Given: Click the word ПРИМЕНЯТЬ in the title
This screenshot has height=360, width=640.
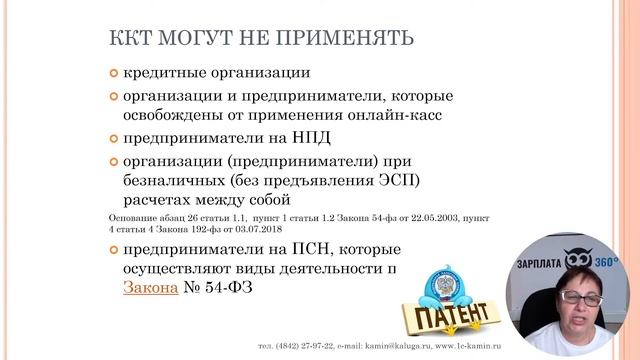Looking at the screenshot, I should click(x=340, y=39).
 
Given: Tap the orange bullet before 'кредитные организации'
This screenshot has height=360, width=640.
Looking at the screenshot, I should click(x=114, y=73).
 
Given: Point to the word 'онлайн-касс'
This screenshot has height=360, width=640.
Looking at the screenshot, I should click(x=399, y=114).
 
